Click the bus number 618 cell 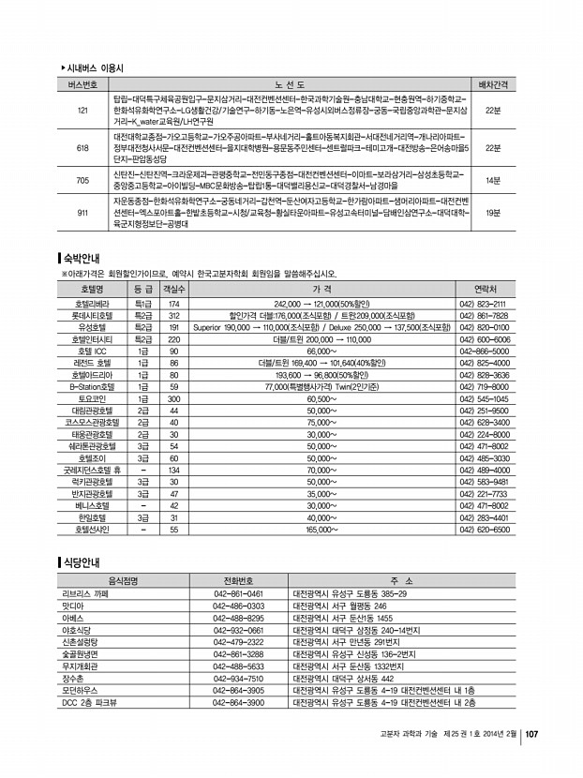(x=82, y=148)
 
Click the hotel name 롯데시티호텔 (x=92, y=316)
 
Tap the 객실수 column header (x=173, y=290)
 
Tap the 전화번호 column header (x=238, y=580)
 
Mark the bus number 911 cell (x=82, y=213)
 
